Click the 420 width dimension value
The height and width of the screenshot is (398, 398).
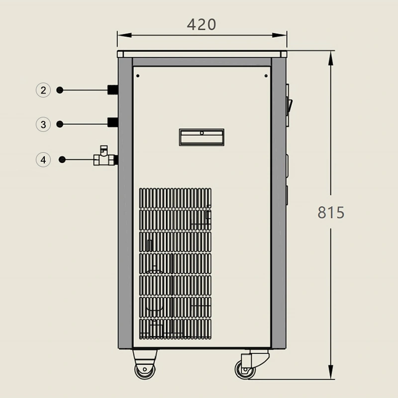tap(201, 24)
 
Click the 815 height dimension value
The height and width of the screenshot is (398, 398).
tap(331, 212)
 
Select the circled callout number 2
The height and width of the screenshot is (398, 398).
tap(43, 90)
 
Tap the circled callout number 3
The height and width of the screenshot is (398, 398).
tap(43, 124)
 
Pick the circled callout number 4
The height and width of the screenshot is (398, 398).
tap(43, 160)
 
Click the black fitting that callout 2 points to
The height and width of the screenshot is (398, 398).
tap(112, 90)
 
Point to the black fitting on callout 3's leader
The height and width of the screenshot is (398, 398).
tap(112, 122)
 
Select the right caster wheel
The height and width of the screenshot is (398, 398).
tap(245, 370)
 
